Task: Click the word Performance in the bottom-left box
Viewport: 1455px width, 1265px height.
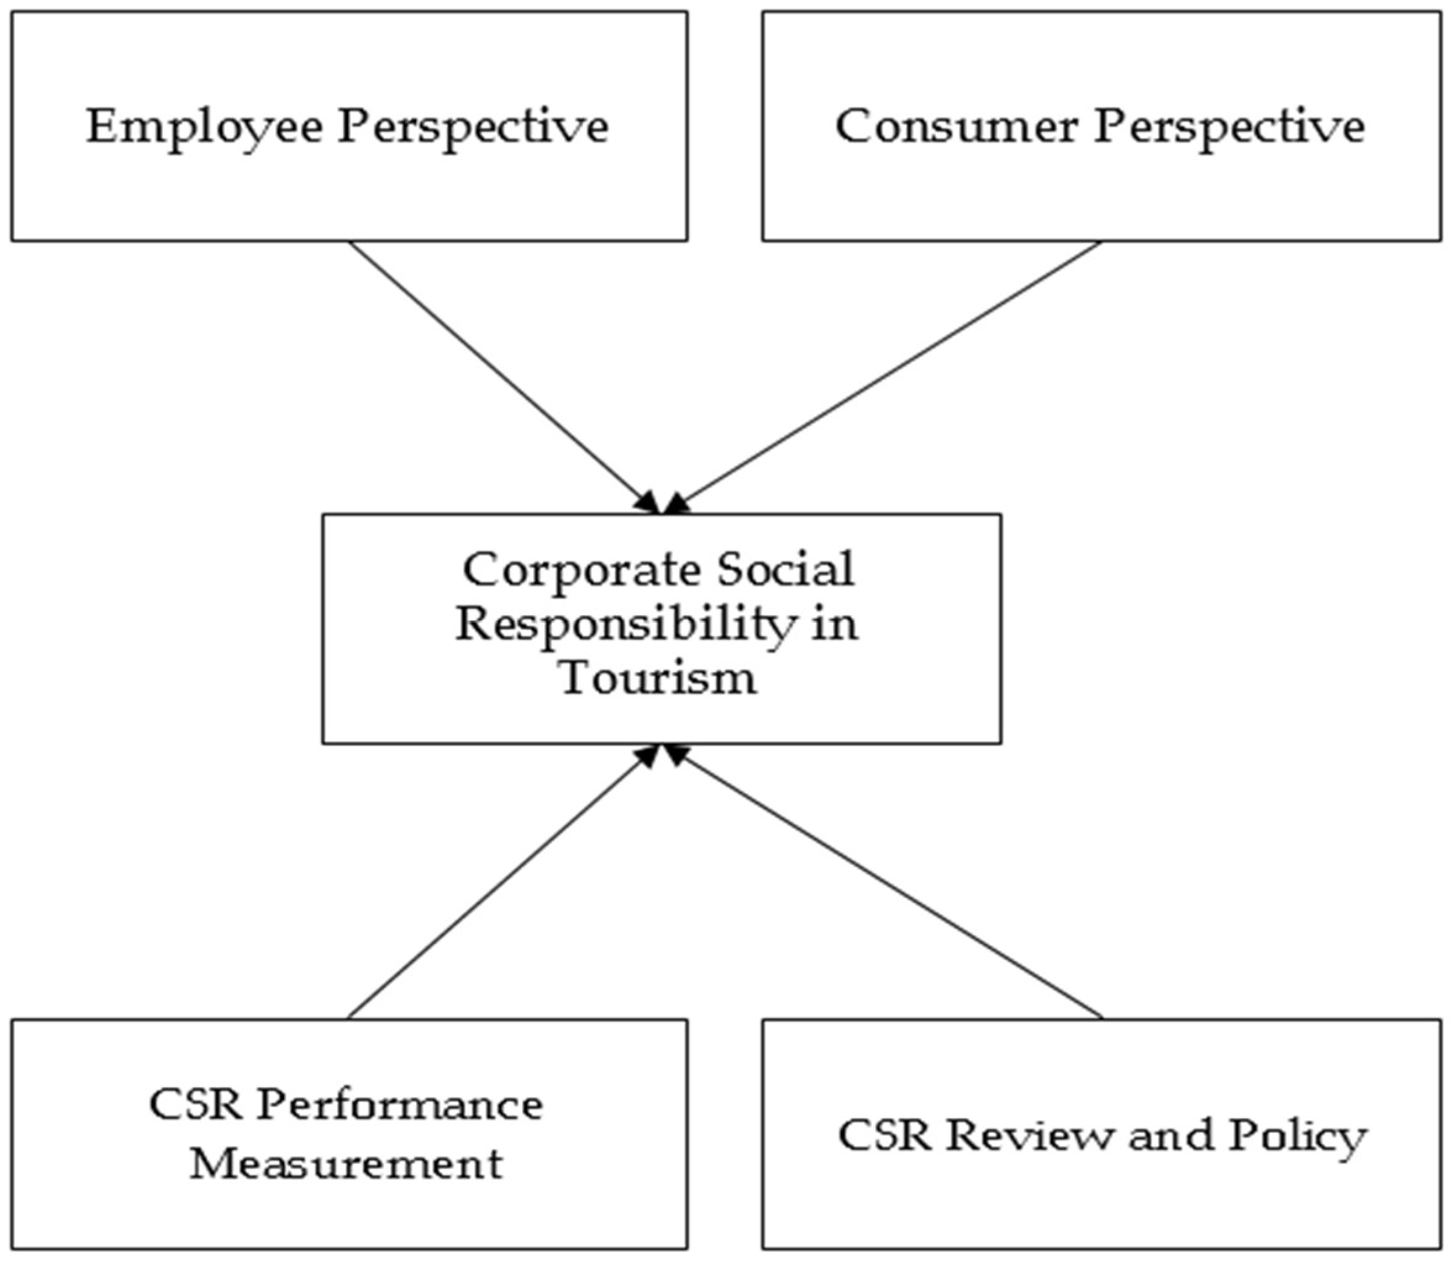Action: [x=399, y=1106]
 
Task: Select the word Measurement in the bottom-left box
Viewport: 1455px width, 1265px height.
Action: [x=346, y=1163]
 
